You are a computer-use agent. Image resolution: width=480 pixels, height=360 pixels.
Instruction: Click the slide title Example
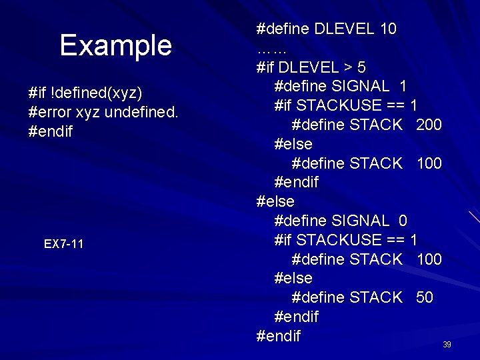(115, 46)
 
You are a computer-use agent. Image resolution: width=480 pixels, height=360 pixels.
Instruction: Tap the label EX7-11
(64, 244)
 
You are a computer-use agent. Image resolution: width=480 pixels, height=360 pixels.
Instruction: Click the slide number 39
(447, 345)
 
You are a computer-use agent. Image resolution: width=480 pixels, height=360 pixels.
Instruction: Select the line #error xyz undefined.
(103, 111)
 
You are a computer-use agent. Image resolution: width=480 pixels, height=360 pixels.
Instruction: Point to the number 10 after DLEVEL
(387, 29)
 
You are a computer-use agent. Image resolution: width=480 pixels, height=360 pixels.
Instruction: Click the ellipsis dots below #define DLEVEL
(271, 49)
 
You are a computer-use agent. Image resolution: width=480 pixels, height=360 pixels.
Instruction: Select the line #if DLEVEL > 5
(311, 67)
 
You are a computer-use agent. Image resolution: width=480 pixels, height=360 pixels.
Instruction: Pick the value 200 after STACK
(429, 125)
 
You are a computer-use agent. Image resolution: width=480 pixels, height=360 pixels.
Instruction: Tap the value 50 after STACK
(425, 297)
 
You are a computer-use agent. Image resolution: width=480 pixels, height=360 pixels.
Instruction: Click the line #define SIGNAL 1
(341, 87)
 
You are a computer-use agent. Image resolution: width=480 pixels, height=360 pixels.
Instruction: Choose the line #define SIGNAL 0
(341, 221)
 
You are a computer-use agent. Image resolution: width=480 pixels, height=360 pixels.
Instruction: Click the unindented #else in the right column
(275, 201)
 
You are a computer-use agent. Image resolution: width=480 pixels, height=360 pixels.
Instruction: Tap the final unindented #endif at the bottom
(279, 335)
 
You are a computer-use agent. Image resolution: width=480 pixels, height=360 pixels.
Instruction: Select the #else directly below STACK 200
(293, 144)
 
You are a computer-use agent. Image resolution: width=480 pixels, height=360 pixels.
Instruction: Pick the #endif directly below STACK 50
(297, 317)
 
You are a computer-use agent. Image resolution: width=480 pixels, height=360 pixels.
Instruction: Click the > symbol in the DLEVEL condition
(348, 67)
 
